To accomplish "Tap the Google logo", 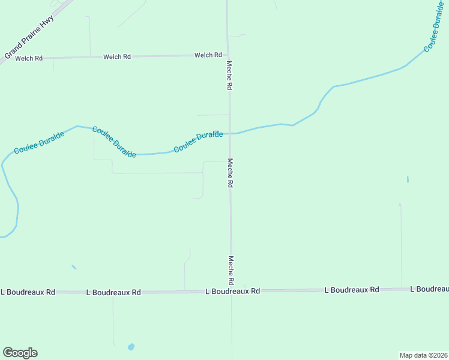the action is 20,353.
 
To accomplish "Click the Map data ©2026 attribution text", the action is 423,355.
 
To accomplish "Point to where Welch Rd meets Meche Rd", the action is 228,56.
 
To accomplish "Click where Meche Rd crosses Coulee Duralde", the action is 229,133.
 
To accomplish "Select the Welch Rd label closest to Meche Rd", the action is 208,55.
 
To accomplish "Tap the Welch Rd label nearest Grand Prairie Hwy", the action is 29,58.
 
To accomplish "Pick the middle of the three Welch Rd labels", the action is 117,57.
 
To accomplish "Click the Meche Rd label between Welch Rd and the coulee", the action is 229,75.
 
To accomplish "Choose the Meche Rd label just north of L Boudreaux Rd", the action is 231,270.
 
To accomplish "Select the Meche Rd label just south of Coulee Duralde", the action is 229,173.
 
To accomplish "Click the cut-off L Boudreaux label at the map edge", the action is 429,289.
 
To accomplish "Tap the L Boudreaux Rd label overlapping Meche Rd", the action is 232,291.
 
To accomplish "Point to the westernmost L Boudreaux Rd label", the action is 28,292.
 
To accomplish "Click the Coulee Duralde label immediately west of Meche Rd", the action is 198,142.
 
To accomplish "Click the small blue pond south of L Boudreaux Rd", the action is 131,347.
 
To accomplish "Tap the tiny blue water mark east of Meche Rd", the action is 408,179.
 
